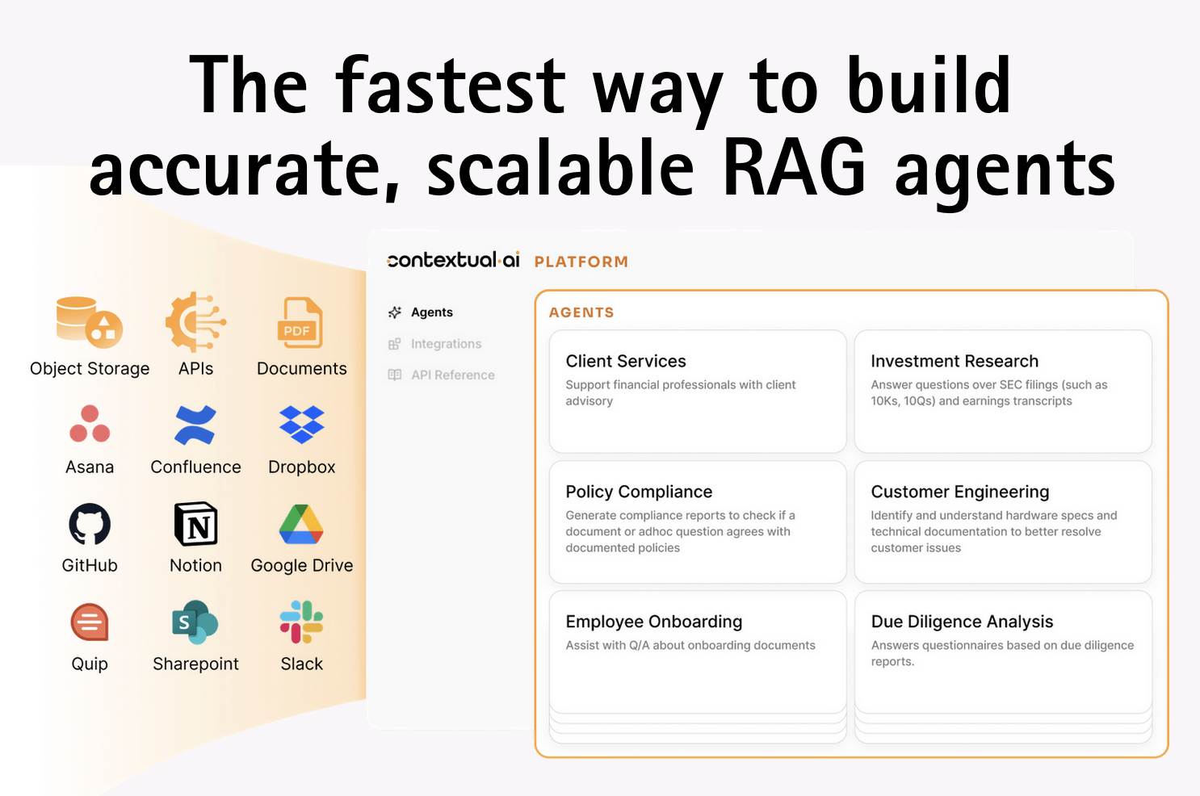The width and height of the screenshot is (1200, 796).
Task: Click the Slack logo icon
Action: point(301,622)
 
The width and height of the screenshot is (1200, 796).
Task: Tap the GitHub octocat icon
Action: point(90,524)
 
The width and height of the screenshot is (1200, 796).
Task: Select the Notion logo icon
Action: point(196,524)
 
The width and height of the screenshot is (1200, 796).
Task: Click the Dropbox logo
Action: point(301,425)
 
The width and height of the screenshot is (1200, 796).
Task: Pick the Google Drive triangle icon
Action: point(301,525)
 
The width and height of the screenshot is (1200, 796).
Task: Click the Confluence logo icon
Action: point(195,425)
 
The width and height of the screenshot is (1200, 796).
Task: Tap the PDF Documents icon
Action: point(300,322)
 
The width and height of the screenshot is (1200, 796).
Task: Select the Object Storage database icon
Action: point(90,322)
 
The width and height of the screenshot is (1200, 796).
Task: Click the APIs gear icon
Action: point(195,322)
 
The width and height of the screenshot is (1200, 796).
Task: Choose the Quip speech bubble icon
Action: point(90,622)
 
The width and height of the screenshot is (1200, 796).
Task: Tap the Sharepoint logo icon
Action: point(195,622)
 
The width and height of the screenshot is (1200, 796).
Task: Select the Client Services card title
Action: point(626,361)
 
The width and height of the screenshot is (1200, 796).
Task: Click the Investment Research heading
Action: point(955,361)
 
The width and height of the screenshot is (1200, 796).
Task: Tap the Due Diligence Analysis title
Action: point(962,622)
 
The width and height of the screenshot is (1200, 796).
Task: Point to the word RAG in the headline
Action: point(793,166)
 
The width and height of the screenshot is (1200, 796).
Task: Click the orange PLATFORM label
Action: point(581,262)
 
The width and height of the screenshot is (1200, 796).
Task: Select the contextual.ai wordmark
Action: point(453,260)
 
